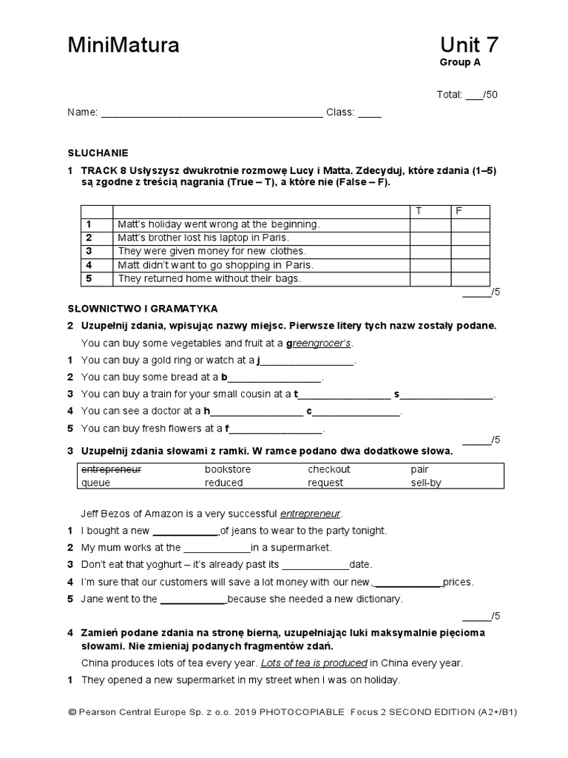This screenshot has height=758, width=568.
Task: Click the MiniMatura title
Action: pyautogui.click(x=124, y=46)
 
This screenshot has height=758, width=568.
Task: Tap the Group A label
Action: pyautogui.click(x=459, y=63)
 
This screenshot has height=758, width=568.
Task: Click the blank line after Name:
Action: pyautogui.click(x=212, y=113)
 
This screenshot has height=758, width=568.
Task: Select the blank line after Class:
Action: pyautogui.click(x=370, y=113)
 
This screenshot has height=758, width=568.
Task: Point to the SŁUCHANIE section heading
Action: pyautogui.click(x=98, y=153)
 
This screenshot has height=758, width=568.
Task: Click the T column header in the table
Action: pyautogui.click(x=419, y=211)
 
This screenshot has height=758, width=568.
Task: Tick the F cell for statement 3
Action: pyautogui.click(x=470, y=251)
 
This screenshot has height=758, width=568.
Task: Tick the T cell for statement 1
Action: pyautogui.click(x=430, y=224)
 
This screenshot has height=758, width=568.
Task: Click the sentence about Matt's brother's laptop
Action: pyautogui.click(x=202, y=238)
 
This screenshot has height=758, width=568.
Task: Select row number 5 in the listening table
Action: pyautogui.click(x=88, y=279)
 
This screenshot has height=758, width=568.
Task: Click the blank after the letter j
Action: pyautogui.click(x=308, y=361)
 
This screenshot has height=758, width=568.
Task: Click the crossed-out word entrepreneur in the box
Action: pyautogui.click(x=111, y=469)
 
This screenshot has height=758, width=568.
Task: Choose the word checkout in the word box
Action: pyautogui.click(x=329, y=469)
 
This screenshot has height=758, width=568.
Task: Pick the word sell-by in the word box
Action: pyautogui.click(x=425, y=483)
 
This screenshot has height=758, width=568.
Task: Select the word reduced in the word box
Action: pyautogui.click(x=223, y=483)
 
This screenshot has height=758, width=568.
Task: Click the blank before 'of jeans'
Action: pyautogui.click(x=186, y=531)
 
